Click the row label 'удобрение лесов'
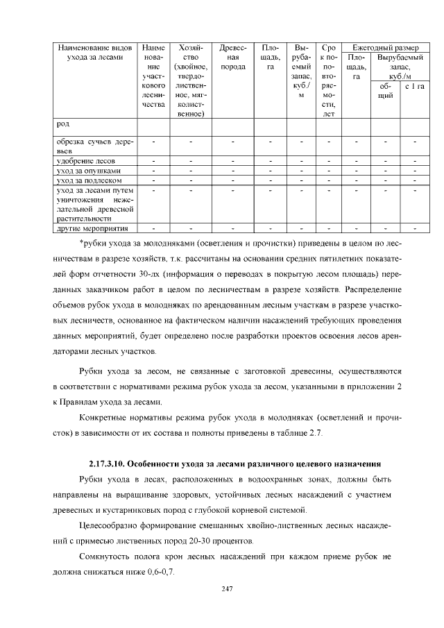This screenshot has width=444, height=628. tap(85, 161)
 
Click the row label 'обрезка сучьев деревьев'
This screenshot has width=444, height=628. tap(94, 146)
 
